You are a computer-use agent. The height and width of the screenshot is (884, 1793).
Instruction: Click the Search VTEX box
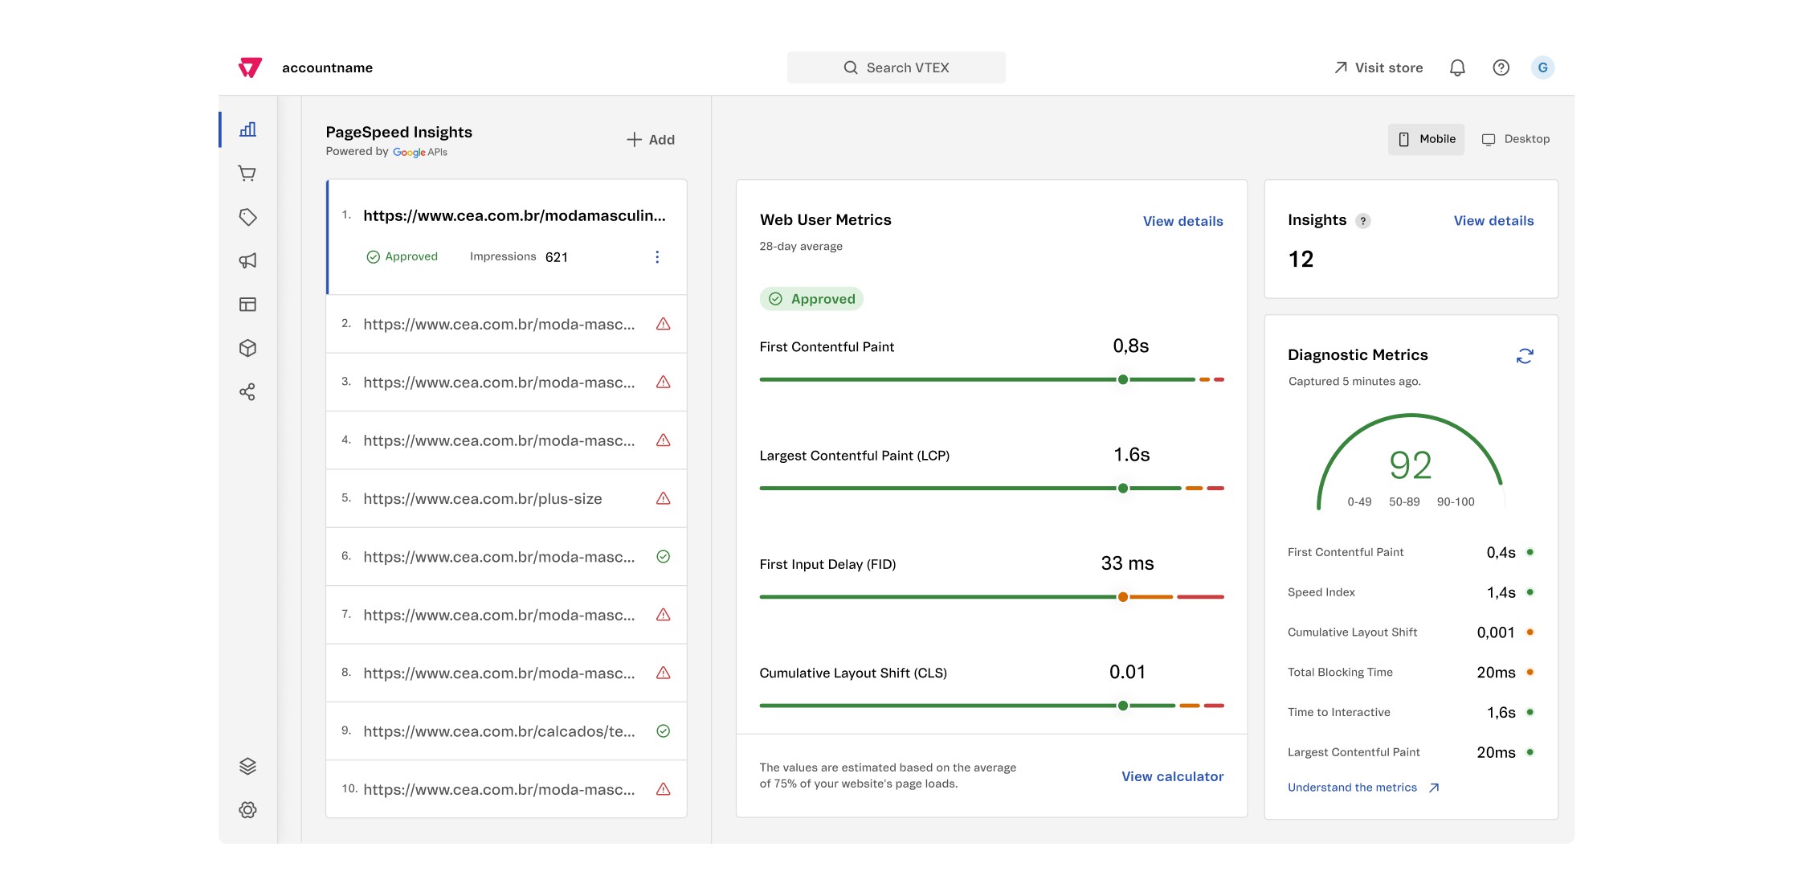[896, 68]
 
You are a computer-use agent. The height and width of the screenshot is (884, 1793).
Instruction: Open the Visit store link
[1378, 68]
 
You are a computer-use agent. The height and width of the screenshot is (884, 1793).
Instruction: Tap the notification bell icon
[1457, 68]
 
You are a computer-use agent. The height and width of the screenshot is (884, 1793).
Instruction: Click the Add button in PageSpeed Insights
[651, 140]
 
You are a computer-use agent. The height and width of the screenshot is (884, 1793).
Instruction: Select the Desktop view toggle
[1516, 139]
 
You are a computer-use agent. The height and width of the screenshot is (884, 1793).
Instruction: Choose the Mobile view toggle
[1427, 139]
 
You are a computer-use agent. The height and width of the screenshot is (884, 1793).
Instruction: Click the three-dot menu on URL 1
[657, 257]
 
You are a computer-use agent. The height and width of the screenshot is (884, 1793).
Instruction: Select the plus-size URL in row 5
[483, 499]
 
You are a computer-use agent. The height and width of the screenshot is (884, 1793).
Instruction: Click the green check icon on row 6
[664, 556]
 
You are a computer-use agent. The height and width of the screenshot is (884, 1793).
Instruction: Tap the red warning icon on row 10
[664, 789]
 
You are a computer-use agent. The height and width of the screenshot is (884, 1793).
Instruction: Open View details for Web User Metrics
[1183, 221]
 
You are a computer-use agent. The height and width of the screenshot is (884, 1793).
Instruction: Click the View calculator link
[1173, 776]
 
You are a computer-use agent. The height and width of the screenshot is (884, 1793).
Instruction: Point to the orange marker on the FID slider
[1123, 597]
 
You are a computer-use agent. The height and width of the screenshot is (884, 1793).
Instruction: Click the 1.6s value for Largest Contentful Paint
[1132, 455]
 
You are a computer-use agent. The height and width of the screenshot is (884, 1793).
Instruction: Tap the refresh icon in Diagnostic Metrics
[1525, 356]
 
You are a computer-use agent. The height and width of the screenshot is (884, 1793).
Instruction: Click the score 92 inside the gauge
[1411, 465]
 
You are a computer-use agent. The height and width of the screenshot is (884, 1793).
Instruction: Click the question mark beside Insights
[1363, 221]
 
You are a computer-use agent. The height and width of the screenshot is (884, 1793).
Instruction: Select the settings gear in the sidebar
[247, 810]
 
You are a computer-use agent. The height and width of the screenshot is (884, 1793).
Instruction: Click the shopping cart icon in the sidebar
[247, 174]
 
